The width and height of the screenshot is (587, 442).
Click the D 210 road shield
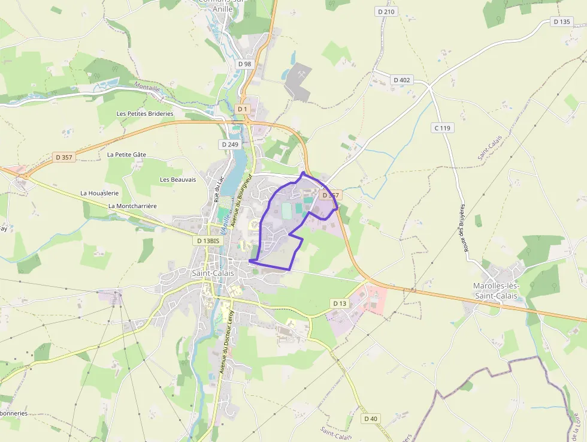[387, 11]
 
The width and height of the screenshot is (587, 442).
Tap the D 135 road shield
[562, 22]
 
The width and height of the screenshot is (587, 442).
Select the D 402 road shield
[402, 80]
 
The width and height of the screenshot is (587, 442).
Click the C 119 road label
[443, 128]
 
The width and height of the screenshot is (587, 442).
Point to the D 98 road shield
[244, 64]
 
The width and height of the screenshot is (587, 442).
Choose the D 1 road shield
[242, 109]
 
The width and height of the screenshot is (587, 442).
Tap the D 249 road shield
[230, 145]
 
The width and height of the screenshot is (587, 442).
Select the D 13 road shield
[340, 303]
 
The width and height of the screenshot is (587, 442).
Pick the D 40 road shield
[371, 419]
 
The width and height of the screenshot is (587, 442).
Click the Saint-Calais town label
[213, 273]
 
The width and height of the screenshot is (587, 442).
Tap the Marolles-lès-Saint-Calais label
[497, 291]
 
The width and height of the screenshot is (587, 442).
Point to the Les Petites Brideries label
[145, 113]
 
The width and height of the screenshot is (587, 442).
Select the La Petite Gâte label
[126, 154]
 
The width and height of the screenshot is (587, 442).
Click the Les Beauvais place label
[178, 179]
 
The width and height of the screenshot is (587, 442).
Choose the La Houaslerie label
[99, 193]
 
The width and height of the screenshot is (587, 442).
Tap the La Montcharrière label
[132, 206]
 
